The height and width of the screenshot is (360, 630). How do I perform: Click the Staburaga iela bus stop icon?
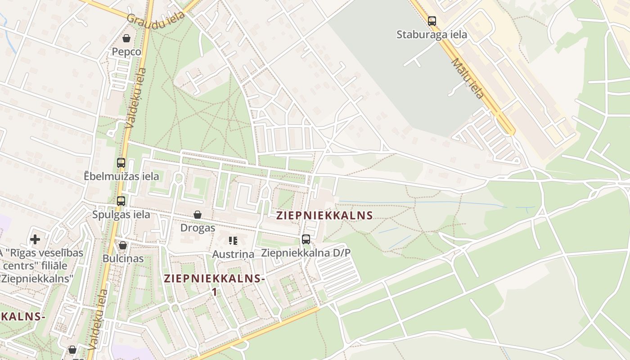click(432, 21)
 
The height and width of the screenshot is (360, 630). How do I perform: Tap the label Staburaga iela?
click(432, 35)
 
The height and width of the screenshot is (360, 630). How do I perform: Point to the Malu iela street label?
click(468, 78)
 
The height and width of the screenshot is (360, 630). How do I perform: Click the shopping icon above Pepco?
click(126, 38)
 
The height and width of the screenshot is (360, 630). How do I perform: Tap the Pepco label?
click(126, 52)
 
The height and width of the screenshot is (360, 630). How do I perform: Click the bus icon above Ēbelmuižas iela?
click(121, 163)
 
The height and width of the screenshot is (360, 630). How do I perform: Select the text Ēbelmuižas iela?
click(121, 176)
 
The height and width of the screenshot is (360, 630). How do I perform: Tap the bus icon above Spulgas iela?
click(121, 201)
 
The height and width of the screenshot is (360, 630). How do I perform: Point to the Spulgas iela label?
click(121, 214)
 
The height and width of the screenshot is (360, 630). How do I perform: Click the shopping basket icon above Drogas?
click(198, 215)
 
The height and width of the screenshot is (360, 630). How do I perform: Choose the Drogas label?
click(198, 228)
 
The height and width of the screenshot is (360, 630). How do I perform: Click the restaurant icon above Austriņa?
click(233, 241)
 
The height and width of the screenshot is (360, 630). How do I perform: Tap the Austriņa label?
click(233, 254)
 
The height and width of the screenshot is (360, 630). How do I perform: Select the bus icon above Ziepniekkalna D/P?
click(306, 239)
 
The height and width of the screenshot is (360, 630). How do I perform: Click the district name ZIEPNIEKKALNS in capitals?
click(324, 216)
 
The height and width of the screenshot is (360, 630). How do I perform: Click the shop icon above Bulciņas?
click(123, 245)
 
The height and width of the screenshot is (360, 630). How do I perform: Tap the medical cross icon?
click(35, 239)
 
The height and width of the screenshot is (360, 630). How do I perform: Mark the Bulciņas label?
click(123, 259)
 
